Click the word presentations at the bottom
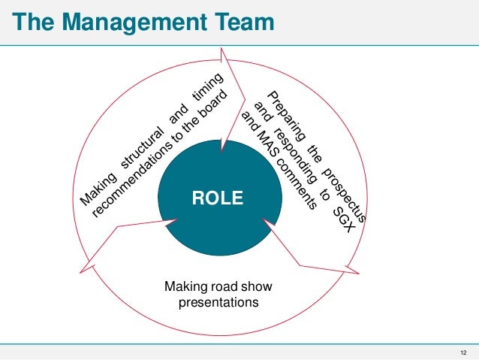pyautogui.click(x=218, y=304)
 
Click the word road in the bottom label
pyautogui.click(x=224, y=287)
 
